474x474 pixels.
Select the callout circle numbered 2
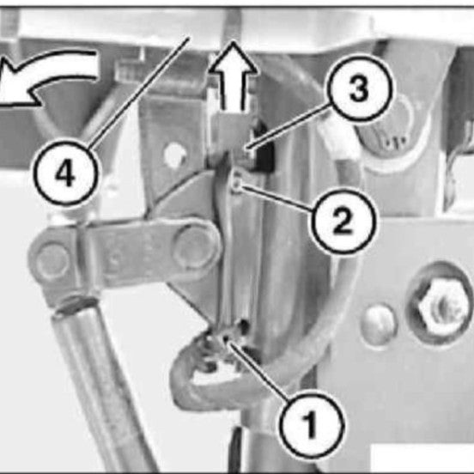click(x=343, y=220)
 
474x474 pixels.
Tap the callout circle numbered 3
click(x=359, y=88)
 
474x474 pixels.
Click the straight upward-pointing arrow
click(x=233, y=76)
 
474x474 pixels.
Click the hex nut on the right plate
click(x=441, y=306)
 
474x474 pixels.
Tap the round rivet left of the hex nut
click(x=380, y=324)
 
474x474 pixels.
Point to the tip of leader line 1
click(x=226, y=337)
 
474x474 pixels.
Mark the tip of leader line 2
click(x=240, y=187)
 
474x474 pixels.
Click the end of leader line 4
click(x=190, y=37)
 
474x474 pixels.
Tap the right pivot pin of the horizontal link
click(x=193, y=246)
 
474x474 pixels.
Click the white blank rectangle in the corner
click(x=422, y=458)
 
